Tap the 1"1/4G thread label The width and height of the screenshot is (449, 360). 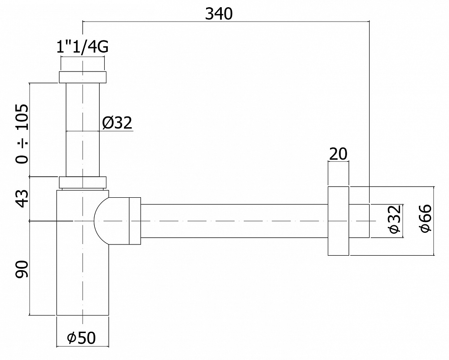click(x=83, y=47)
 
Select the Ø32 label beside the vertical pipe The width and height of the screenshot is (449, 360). click(x=117, y=123)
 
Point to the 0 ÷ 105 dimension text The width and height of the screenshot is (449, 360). click(x=22, y=133)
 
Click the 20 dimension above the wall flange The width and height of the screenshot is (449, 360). click(x=338, y=154)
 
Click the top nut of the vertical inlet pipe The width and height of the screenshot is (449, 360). click(x=82, y=77)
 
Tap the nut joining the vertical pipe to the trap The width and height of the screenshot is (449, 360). click(x=83, y=182)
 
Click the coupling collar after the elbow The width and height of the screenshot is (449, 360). click(x=135, y=221)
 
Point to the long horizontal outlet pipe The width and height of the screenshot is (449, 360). click(x=233, y=220)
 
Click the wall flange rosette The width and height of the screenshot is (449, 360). click(x=338, y=221)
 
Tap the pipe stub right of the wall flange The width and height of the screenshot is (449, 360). click(x=359, y=221)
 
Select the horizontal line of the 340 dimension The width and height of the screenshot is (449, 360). click(x=224, y=21)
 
